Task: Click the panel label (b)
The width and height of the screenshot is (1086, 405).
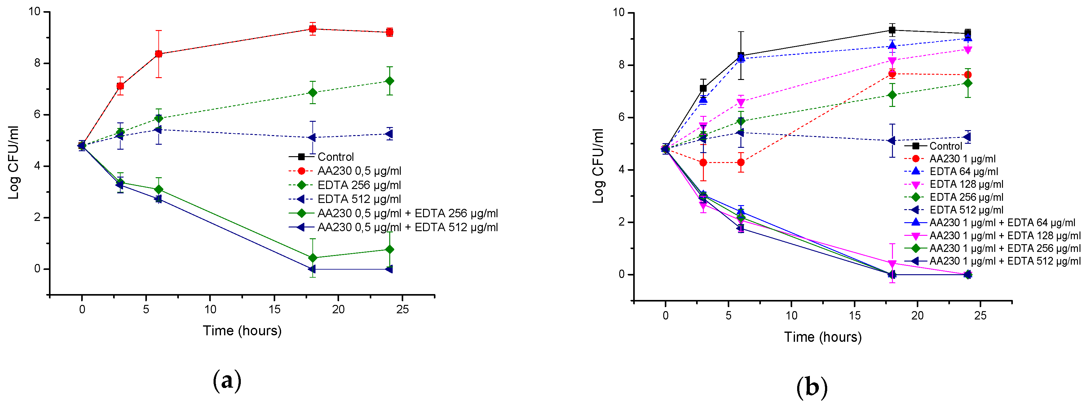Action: tap(811, 387)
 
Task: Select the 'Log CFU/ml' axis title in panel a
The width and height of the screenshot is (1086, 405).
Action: tap(14, 162)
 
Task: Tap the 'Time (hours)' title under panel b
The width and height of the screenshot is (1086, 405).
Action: tap(823, 337)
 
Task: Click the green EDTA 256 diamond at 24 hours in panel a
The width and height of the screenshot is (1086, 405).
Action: tap(390, 81)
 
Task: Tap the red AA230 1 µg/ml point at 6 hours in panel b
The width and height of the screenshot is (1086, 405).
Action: tap(741, 162)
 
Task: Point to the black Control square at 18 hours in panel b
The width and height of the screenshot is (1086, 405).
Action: tap(892, 30)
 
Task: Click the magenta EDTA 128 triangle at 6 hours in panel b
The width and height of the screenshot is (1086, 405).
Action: tap(741, 102)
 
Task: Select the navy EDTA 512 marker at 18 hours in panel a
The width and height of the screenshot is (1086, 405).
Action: tap(312, 137)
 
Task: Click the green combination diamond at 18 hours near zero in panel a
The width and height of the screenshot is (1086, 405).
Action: tap(312, 258)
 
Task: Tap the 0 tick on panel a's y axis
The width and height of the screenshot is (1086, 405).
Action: tap(38, 269)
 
